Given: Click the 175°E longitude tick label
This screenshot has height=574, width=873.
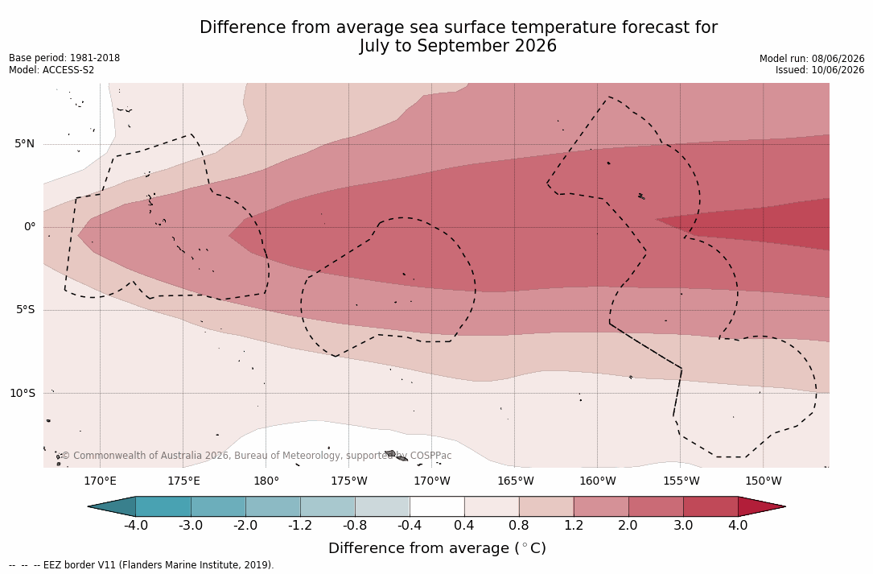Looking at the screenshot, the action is pyautogui.click(x=183, y=481).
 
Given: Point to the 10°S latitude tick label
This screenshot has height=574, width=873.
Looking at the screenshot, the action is pyautogui.click(x=23, y=394).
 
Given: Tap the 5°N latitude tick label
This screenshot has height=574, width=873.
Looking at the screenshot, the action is pyautogui.click(x=24, y=144).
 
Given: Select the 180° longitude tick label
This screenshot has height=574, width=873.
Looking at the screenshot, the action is pyautogui.click(x=266, y=481).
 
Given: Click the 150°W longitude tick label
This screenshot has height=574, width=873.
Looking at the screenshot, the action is pyautogui.click(x=764, y=481).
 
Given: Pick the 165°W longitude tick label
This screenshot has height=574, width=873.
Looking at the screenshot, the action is pyautogui.click(x=515, y=481).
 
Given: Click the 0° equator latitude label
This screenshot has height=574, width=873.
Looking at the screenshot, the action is pyautogui.click(x=30, y=227).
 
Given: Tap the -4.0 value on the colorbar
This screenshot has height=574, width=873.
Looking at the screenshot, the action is pyautogui.click(x=135, y=526).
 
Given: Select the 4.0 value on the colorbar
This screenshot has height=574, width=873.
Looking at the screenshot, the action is pyautogui.click(x=738, y=526).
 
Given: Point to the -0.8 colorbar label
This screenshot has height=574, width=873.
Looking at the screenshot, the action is pyautogui.click(x=355, y=526).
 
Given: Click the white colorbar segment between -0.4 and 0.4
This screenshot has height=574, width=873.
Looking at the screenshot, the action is pyautogui.click(x=437, y=506).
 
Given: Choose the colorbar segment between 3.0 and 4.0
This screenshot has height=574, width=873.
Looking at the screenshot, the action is pyautogui.click(x=710, y=506).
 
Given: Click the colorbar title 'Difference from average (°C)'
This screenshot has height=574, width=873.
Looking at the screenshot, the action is pyautogui.click(x=437, y=548).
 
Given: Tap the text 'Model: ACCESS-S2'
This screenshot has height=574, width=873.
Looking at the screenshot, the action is pyautogui.click(x=51, y=70).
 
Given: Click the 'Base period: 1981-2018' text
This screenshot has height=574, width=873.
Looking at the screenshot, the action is pyautogui.click(x=64, y=58).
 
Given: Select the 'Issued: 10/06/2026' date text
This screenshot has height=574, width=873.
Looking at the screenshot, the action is pyautogui.click(x=820, y=70).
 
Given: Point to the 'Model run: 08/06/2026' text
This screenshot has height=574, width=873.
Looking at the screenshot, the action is pyautogui.click(x=812, y=59).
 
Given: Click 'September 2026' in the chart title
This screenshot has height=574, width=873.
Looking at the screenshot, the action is pyautogui.click(x=487, y=46).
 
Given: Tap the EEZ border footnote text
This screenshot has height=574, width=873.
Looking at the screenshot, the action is pyautogui.click(x=142, y=565).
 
